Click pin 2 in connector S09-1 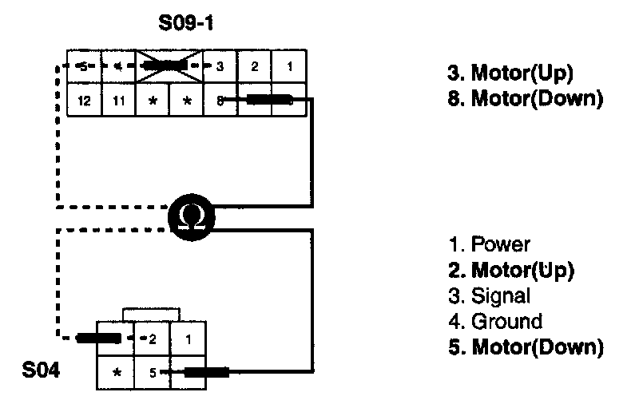click(254, 67)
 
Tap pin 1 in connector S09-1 click(288, 67)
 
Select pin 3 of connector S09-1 click(220, 67)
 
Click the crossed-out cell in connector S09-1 click(169, 67)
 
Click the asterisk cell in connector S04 click(117, 372)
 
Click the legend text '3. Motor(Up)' click(510, 73)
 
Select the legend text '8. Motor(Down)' click(524, 99)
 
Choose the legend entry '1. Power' click(489, 244)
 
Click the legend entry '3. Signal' click(489, 295)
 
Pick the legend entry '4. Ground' click(494, 321)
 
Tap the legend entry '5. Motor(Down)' click(524, 347)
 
